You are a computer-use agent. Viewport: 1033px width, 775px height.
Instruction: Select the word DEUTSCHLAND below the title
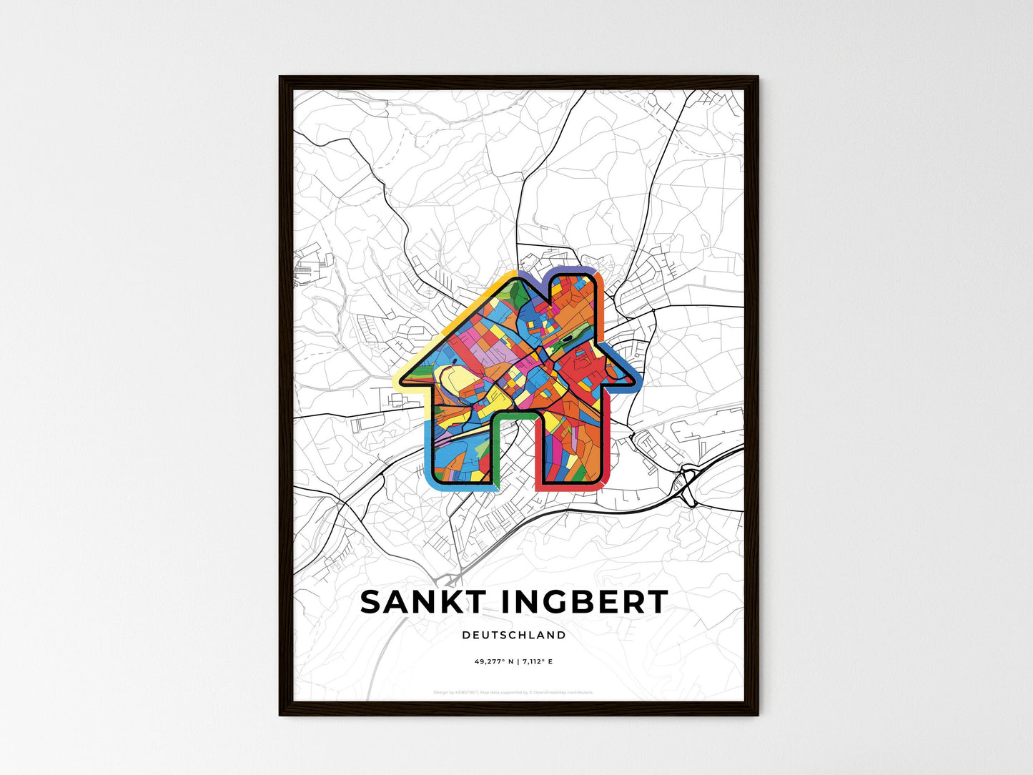(513, 635)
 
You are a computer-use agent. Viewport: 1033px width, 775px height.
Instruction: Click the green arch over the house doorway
(514, 414)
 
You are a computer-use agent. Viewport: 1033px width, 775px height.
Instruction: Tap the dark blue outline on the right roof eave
(623, 357)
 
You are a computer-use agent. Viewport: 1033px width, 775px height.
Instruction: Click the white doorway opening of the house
(514, 458)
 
